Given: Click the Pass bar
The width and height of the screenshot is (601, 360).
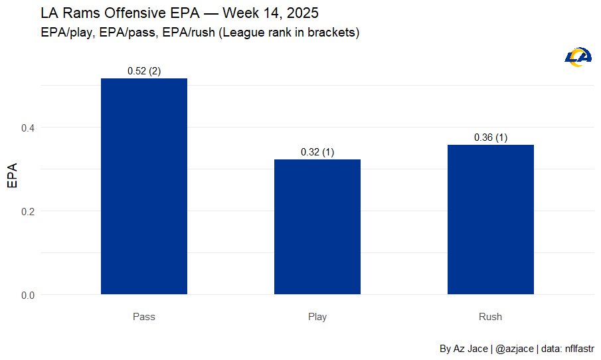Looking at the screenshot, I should click(144, 186).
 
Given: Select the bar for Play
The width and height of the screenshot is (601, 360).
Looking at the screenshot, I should click(317, 226).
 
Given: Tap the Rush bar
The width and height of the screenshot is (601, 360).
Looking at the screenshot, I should click(491, 219).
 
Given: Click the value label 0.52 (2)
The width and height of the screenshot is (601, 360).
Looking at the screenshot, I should click(144, 72).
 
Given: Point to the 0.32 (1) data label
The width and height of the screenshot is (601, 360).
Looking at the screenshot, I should click(317, 152).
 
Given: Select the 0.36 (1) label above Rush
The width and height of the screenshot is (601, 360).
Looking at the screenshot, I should click(491, 137).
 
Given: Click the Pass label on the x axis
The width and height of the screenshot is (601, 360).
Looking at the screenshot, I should click(144, 317).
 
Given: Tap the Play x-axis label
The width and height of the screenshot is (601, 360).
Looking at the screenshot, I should click(317, 317).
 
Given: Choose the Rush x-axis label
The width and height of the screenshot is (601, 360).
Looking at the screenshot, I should click(491, 317).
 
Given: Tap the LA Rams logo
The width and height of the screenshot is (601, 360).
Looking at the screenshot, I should click(578, 57).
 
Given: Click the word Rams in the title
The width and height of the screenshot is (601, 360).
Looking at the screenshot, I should click(76, 13).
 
